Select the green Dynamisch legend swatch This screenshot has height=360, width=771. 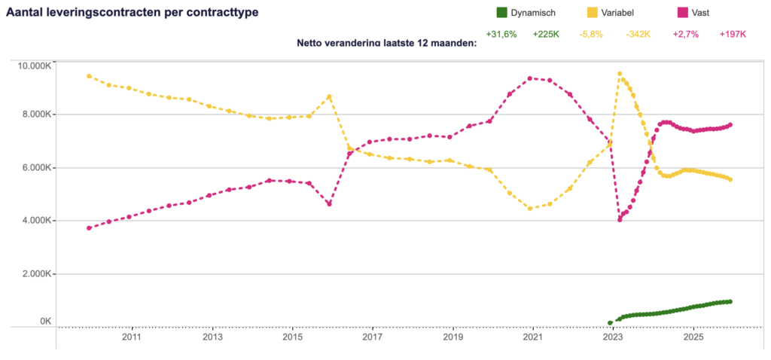click(501, 13)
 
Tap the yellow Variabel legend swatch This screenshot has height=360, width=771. click(591, 13)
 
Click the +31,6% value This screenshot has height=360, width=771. click(501, 35)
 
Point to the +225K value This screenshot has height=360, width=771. click(547, 35)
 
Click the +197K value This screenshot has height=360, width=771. click(733, 35)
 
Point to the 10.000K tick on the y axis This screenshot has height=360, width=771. click(34, 66)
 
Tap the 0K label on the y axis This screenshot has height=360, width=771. click(44, 322)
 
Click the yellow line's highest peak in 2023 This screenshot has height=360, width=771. click(620, 74)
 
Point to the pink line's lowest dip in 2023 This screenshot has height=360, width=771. click(620, 220)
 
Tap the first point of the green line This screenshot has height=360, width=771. click(610, 322)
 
